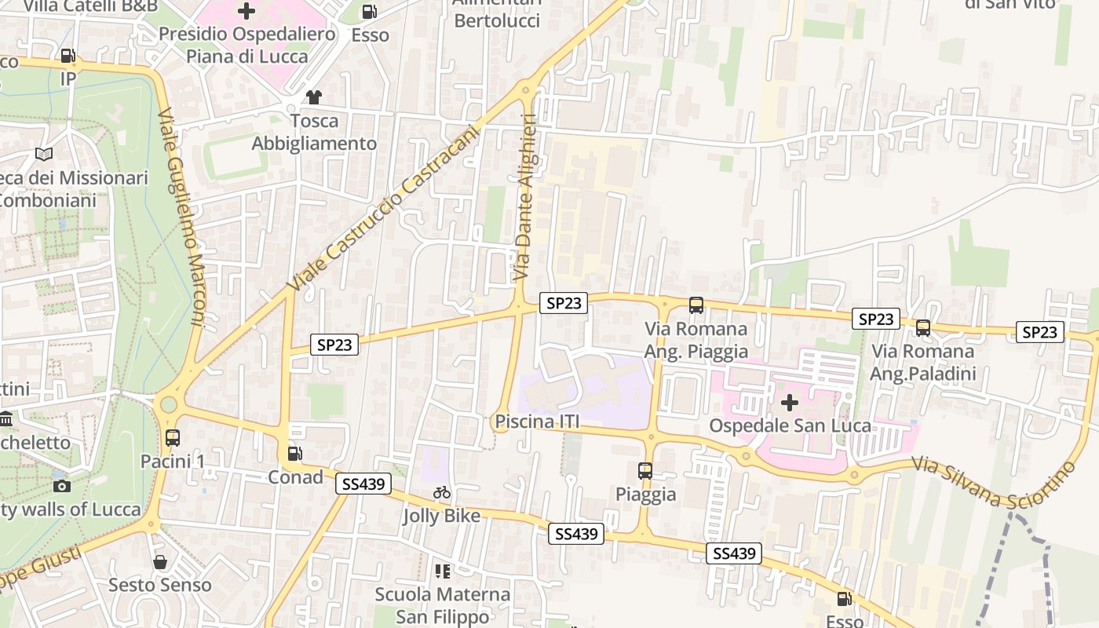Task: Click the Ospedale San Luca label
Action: coord(790,425)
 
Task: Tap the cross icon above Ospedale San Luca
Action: coord(790,403)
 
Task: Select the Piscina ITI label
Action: coord(537,422)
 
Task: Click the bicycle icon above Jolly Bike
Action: coord(442,493)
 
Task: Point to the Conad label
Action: coord(295,477)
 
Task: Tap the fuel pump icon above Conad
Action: coord(295,454)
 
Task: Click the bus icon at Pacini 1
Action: coord(173,438)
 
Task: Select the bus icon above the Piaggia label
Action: coord(645,471)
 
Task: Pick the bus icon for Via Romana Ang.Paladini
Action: coord(923,328)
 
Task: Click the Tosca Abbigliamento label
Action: coord(314,132)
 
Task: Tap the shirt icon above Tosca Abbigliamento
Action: coord(314,97)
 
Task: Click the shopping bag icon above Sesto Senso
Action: coord(160,562)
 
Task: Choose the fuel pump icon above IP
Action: coord(68,56)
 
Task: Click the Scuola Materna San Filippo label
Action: coord(443,605)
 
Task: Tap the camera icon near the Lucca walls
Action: coord(63,486)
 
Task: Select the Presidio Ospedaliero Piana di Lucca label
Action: coord(247,45)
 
